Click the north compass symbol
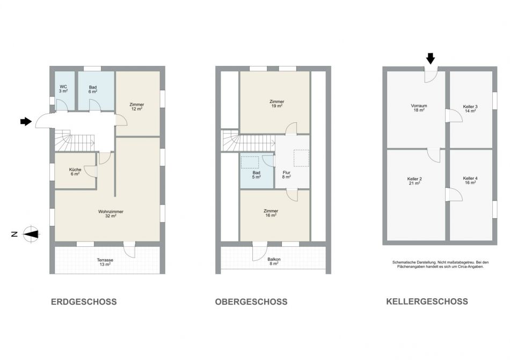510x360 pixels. click(32, 234)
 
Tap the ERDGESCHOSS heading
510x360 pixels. click(84, 302)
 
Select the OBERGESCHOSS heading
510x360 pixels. click(251, 302)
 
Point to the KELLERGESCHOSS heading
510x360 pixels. click(427, 302)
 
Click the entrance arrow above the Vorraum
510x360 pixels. click(431, 59)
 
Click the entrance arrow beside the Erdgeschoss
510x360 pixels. click(26, 121)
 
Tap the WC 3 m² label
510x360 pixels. click(63, 89)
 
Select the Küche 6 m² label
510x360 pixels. click(75, 172)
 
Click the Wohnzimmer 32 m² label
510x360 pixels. click(111, 214)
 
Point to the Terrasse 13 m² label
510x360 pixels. click(105, 262)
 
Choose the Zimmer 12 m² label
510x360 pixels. click(136, 107)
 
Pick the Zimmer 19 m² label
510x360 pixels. click(277, 104)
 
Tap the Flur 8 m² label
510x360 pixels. click(287, 175)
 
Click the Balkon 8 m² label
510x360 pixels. click(274, 262)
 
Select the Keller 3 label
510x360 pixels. click(470, 107)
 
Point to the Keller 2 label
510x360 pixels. click(414, 179)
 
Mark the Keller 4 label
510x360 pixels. click(470, 178)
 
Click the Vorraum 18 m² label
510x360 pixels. click(419, 108)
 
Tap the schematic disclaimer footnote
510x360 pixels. click(440, 264)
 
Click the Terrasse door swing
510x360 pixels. click(130, 252)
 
